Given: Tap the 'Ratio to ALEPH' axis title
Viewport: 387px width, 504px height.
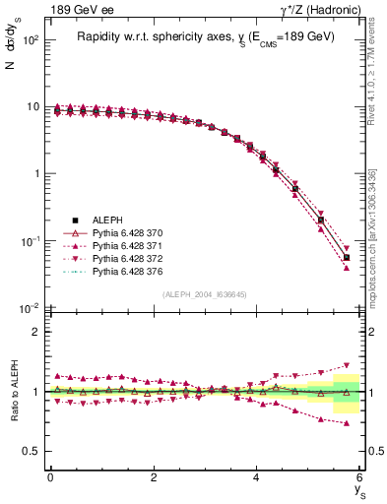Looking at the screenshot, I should [x=12, y=391].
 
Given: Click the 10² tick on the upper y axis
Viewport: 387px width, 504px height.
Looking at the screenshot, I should [x=29, y=40].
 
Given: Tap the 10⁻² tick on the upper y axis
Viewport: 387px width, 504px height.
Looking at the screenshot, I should [x=29, y=308].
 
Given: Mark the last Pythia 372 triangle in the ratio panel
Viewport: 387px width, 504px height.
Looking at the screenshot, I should [x=347, y=365].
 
